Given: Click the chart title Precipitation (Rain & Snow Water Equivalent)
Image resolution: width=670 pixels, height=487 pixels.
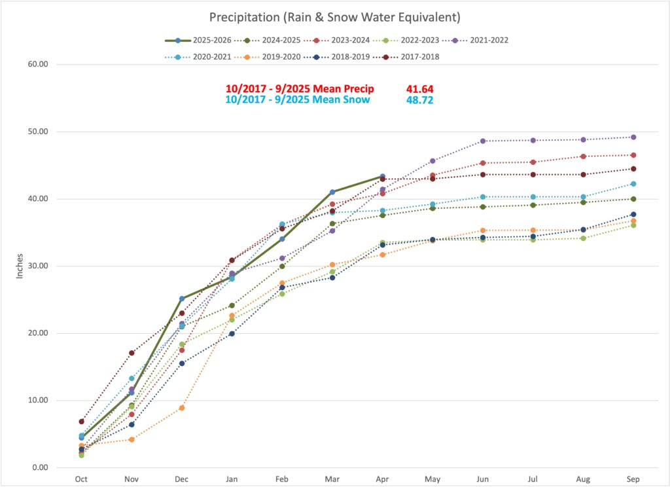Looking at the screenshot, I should [x=335, y=16].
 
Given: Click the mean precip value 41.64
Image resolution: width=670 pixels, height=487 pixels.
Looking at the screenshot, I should [x=419, y=88].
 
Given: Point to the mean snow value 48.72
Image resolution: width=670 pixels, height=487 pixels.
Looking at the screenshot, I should [x=419, y=100].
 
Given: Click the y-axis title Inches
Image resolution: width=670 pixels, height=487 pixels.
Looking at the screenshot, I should [x=20, y=265].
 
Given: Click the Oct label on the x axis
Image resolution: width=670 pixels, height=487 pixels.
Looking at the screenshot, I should [x=81, y=478].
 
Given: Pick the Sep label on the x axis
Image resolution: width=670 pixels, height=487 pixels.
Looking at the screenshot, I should [x=633, y=478].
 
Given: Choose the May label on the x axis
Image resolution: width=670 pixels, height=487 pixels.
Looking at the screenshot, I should [x=432, y=478].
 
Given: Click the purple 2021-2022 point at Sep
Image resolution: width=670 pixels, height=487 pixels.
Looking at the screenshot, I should [x=633, y=137].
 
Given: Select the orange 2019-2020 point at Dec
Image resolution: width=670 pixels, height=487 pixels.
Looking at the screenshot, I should [x=182, y=408].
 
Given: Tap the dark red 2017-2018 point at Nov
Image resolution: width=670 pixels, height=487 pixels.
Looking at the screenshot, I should [x=132, y=353].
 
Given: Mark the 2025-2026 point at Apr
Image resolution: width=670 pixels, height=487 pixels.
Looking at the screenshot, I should [x=382, y=176].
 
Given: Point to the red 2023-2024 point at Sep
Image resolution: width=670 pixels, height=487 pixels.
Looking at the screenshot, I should [x=633, y=155].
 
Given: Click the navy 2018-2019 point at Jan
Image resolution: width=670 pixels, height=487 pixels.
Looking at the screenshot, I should [x=232, y=333].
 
